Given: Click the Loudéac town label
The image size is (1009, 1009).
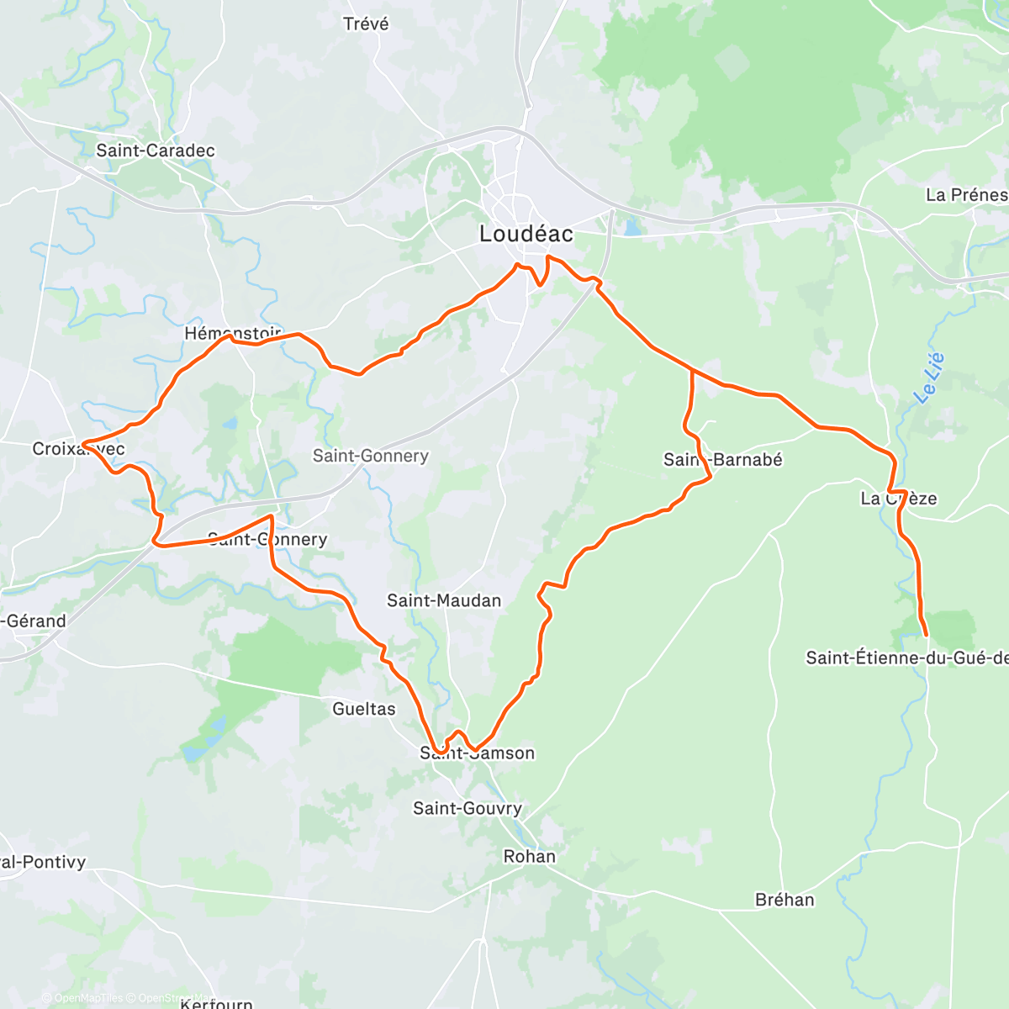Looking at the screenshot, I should [526, 234].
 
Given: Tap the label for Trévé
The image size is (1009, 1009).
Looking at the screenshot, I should [366, 24].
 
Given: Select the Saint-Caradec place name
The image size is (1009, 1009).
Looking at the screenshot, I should [156, 151].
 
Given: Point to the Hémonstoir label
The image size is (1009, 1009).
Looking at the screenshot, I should [233, 334].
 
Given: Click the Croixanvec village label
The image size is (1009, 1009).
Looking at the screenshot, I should [78, 449].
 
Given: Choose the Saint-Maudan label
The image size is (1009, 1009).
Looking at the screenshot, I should [444, 600].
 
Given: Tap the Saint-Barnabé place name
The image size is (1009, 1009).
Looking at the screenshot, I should [722, 459].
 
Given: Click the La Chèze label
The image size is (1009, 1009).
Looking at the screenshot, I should [898, 499].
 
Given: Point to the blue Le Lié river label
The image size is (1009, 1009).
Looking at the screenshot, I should [929, 378].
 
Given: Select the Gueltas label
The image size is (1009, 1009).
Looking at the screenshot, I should [364, 709].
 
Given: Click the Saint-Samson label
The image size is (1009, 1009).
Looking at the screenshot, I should [477, 753].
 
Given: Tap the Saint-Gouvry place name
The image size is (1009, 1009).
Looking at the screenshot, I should [468, 808].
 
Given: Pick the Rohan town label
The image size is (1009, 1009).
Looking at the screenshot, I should [529, 856].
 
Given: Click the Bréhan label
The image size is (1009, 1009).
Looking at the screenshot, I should [784, 900].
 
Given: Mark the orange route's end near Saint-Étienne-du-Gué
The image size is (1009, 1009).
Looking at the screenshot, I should [927, 636].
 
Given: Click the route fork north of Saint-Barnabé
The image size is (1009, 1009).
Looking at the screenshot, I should [692, 370].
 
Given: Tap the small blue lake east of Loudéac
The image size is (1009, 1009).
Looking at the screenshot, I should [632, 227].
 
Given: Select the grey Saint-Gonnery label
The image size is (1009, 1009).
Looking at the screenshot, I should [370, 456].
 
